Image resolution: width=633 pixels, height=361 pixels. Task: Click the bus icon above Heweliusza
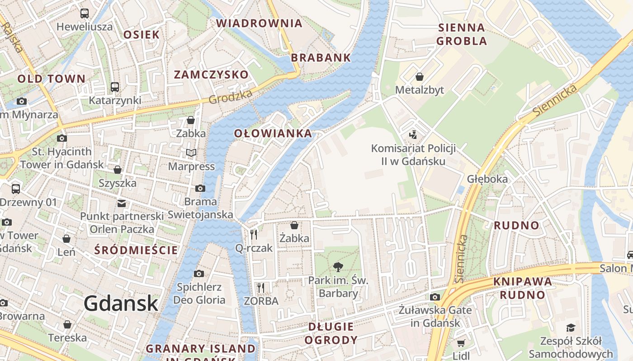(x=85, y=14)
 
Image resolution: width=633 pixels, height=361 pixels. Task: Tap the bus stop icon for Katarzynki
(x=115, y=87)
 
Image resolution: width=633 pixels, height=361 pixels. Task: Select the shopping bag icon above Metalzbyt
(x=420, y=77)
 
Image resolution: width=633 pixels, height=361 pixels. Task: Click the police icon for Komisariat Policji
(x=412, y=134)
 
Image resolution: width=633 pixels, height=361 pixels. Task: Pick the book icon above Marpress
(x=191, y=153)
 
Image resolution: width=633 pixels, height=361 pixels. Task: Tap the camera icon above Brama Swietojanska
(x=200, y=188)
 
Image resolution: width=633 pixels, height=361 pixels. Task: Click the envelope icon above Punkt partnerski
(x=122, y=203)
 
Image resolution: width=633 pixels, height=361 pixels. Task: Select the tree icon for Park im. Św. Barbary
(x=338, y=267)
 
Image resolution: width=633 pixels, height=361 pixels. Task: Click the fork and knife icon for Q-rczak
(x=254, y=234)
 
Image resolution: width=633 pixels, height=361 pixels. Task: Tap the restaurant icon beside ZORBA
(x=260, y=287)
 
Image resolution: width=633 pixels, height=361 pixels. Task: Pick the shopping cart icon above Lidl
(x=461, y=343)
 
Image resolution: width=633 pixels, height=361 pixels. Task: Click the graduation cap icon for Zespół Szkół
(x=571, y=328)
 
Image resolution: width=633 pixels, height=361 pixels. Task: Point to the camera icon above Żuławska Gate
(x=435, y=297)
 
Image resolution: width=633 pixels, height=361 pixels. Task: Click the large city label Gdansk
(x=121, y=303)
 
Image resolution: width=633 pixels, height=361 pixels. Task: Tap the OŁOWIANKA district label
(x=273, y=133)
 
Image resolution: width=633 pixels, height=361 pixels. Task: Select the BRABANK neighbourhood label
(x=321, y=57)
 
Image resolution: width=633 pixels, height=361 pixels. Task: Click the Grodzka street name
(x=231, y=96)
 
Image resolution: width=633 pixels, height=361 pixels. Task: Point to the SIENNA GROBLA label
(x=462, y=34)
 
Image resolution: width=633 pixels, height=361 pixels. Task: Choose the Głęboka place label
(x=487, y=179)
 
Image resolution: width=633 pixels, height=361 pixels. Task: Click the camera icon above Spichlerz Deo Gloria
(x=198, y=273)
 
